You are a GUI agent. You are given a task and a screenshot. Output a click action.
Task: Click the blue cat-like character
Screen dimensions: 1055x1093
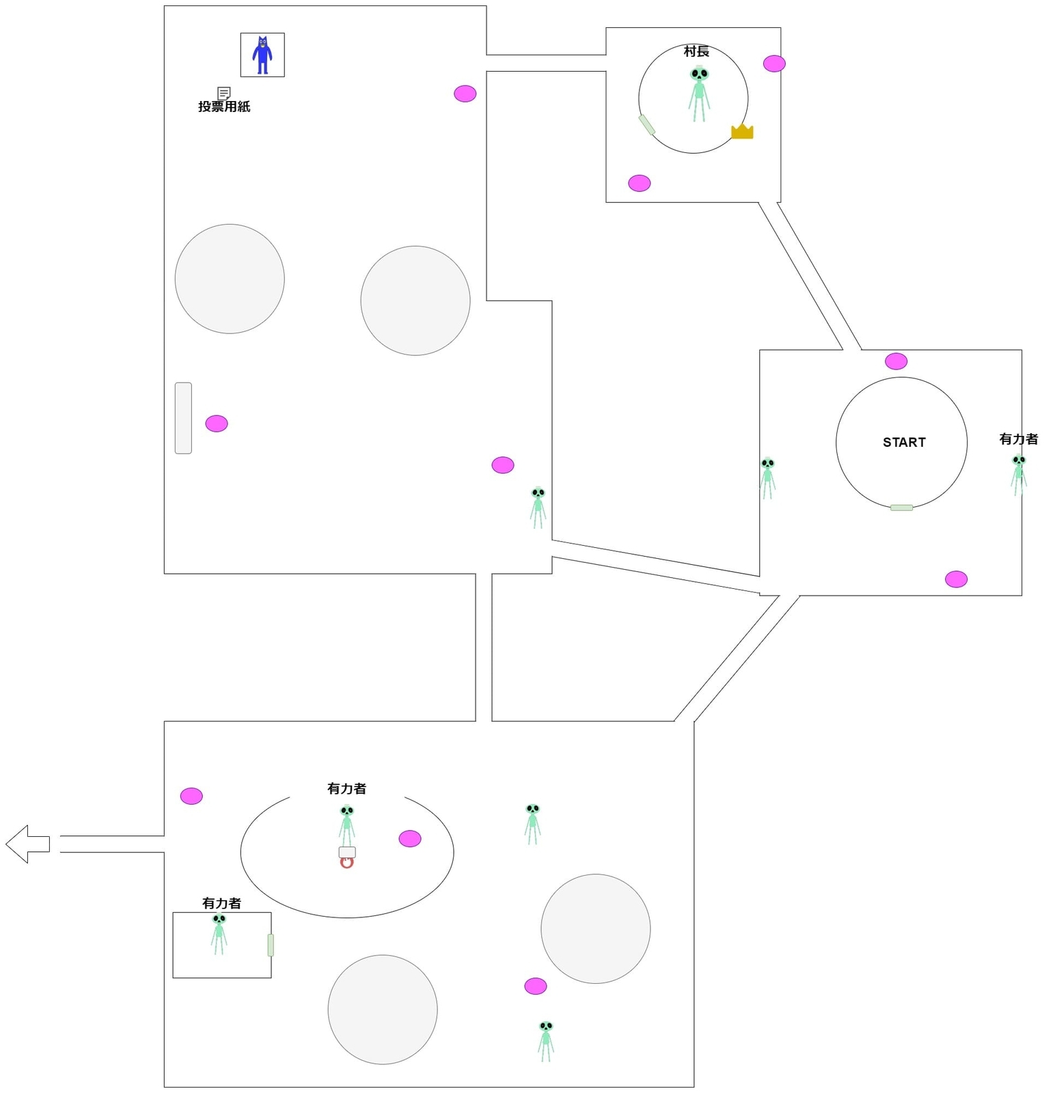click(x=262, y=55)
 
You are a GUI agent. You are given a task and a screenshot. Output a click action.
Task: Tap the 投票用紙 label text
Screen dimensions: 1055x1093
click(x=224, y=107)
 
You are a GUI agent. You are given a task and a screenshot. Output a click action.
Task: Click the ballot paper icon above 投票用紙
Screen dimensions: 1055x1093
click(x=223, y=93)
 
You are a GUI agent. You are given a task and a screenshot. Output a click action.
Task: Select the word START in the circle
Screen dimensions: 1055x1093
click(x=904, y=442)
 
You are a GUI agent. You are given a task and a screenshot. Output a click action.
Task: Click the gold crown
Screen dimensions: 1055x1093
click(x=742, y=131)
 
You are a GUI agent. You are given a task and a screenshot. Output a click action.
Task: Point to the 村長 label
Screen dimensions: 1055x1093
click(x=696, y=51)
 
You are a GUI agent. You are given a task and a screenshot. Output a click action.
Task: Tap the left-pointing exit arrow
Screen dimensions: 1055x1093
click(x=27, y=844)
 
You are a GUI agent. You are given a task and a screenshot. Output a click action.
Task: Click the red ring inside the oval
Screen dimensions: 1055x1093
click(x=346, y=863)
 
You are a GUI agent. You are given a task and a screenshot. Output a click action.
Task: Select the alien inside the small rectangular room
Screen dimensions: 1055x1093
click(x=219, y=933)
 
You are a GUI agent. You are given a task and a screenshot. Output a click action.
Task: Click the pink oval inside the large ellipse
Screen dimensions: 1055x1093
click(x=410, y=838)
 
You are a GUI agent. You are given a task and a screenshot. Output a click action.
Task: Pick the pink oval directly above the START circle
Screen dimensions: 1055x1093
click(x=896, y=361)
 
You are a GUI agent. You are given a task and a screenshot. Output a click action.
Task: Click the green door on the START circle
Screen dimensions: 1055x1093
click(x=901, y=508)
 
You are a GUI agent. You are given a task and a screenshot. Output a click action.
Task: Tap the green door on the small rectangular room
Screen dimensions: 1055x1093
click(x=271, y=945)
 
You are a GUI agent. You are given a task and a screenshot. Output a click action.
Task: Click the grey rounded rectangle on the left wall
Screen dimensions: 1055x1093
click(x=183, y=418)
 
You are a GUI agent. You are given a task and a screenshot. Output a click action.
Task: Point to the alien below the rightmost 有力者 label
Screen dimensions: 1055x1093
click(x=1019, y=475)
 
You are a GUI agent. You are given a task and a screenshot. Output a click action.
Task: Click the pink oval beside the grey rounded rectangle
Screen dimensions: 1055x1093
click(x=217, y=424)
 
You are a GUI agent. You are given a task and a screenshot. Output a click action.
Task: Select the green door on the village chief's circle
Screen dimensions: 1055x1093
click(x=646, y=125)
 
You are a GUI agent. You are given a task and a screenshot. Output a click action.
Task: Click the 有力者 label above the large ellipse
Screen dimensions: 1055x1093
click(x=346, y=788)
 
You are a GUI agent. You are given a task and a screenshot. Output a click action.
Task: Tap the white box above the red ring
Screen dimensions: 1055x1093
click(x=347, y=852)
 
